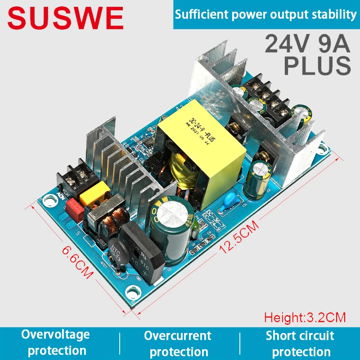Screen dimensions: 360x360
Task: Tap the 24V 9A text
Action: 307,44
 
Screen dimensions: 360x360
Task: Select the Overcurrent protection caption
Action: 177,343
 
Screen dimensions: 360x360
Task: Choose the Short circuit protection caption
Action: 300,343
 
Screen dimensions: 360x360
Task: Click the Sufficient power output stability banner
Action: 265,14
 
